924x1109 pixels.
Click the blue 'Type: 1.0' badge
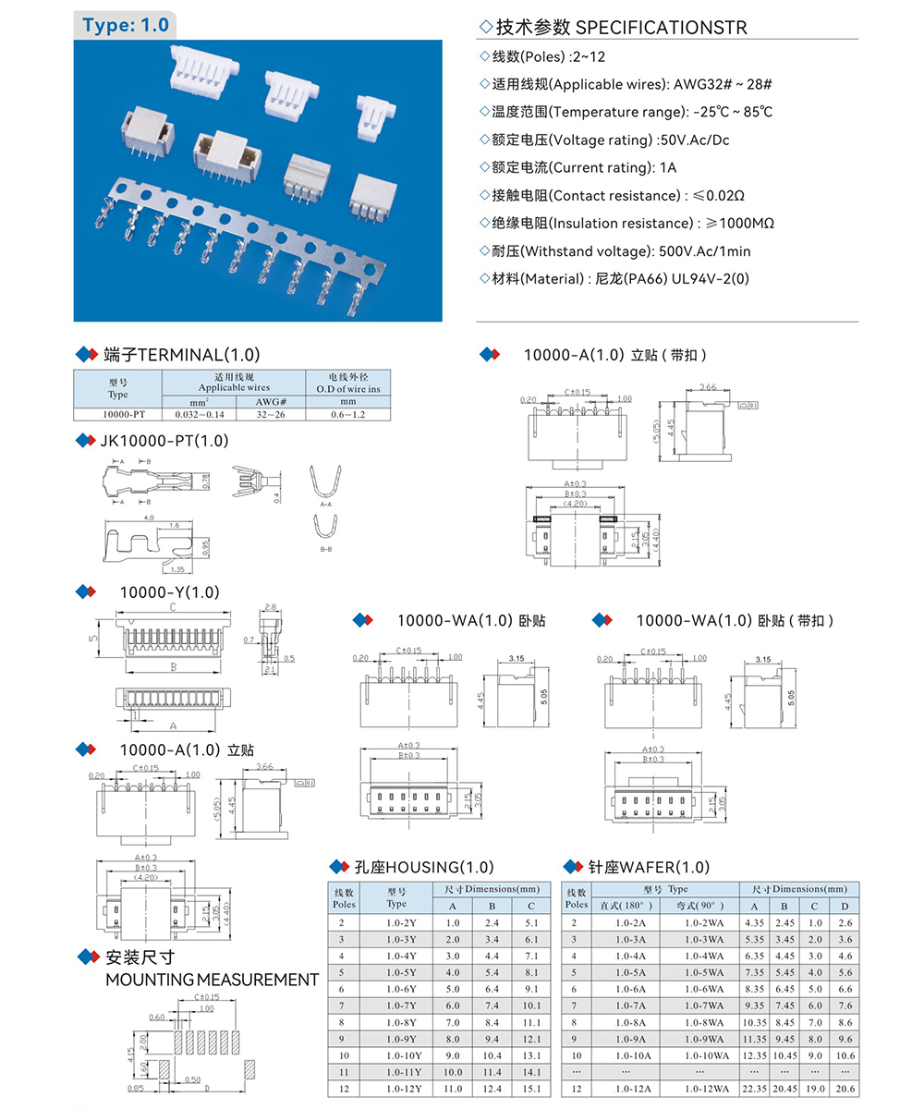[125, 25]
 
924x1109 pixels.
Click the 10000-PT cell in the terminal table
[117, 415]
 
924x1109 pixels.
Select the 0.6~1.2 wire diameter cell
[347, 415]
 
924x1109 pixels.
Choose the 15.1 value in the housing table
[530, 1090]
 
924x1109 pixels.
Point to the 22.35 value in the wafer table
[754, 1090]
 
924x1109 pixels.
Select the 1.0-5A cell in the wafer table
[631, 972]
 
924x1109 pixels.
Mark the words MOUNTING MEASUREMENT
[213, 980]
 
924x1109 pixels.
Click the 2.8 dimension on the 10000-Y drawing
[270, 607]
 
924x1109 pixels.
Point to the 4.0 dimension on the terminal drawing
[149, 518]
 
